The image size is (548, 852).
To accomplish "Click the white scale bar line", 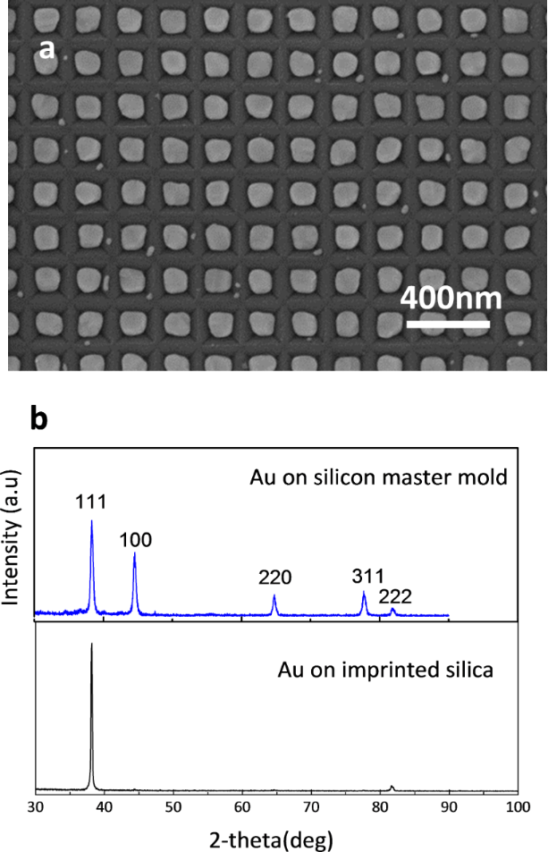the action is click(448, 324).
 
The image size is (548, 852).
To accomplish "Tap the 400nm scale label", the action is click(451, 299).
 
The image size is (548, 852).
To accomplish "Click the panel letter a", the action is click(47, 49).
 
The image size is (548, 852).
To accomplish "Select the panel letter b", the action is click(39, 419).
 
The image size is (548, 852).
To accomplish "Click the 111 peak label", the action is click(90, 502).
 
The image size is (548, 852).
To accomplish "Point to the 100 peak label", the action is click(135, 540).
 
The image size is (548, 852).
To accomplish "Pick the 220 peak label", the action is click(274, 577).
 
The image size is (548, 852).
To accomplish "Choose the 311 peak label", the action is click(367, 576).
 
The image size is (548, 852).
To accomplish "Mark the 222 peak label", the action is click(395, 596).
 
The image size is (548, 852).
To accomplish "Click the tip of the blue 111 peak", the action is click(91, 520).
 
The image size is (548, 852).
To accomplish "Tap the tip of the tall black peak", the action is click(91, 644).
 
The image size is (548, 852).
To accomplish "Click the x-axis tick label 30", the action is click(35, 807).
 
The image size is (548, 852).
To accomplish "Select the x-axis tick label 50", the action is click(173, 807).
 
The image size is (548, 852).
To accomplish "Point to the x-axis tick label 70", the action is click(311, 807).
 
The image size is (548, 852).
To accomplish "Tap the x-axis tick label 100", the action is click(518, 807).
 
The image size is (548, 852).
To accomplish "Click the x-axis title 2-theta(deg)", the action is click(271, 840).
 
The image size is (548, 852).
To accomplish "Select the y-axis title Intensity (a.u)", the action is click(11, 537).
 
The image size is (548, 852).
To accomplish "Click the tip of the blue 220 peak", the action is click(274, 595).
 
